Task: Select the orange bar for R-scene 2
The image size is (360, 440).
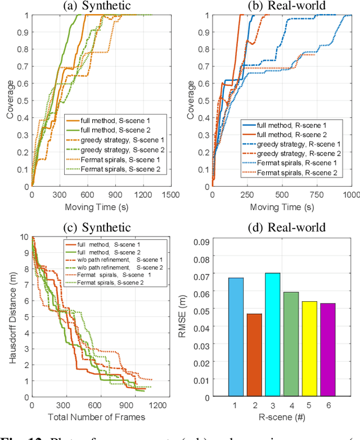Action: [254, 355]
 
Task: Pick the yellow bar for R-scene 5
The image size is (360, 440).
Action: [309, 348]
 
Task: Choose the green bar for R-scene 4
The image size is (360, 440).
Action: [291, 344]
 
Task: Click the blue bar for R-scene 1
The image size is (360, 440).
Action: [236, 337]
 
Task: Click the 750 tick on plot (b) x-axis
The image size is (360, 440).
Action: [317, 194]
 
